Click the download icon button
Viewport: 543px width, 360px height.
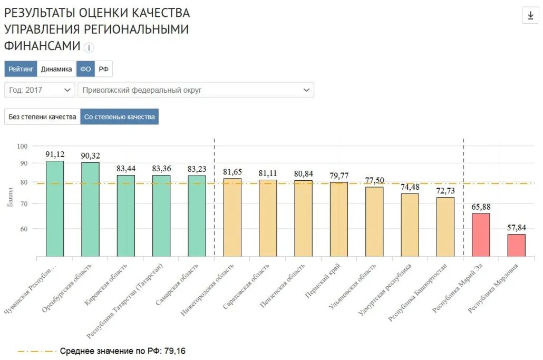530,15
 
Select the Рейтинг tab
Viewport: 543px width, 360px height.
21,69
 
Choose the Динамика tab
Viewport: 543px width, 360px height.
56,69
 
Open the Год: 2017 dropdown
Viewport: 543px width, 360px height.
40,90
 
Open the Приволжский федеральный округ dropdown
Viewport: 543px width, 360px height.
196,90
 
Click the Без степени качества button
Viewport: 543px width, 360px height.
42,117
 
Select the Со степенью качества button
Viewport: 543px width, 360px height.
120,117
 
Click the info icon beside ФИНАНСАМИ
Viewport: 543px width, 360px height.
89,48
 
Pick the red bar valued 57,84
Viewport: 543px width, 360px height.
516,245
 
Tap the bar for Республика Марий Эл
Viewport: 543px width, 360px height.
481,235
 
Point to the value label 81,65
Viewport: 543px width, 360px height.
232,172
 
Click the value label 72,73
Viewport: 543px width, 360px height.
445,190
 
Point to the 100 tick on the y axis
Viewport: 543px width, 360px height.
22,146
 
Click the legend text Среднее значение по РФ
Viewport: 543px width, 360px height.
111,351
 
